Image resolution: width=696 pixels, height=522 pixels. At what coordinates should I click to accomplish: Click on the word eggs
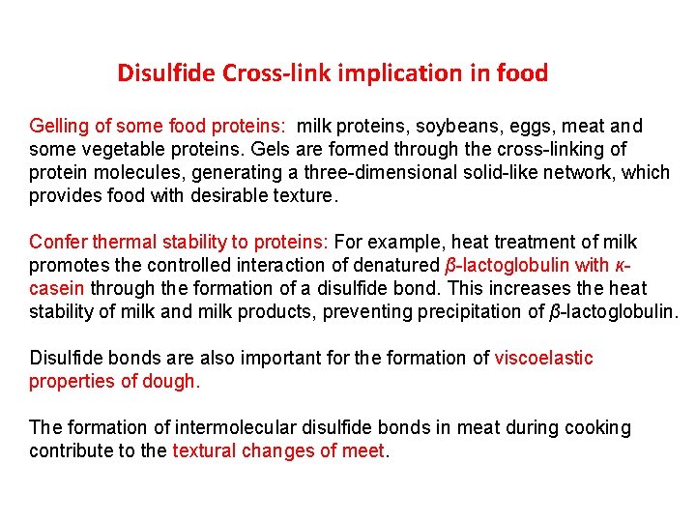pos(518,126)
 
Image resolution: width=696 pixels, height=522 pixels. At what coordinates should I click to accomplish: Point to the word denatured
pos(398,265)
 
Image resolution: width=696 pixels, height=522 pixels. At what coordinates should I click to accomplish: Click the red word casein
pos(57,288)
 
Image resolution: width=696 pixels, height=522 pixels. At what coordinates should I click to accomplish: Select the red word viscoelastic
pos(544,358)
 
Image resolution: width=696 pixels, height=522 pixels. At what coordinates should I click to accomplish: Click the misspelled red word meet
pos(362,450)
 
